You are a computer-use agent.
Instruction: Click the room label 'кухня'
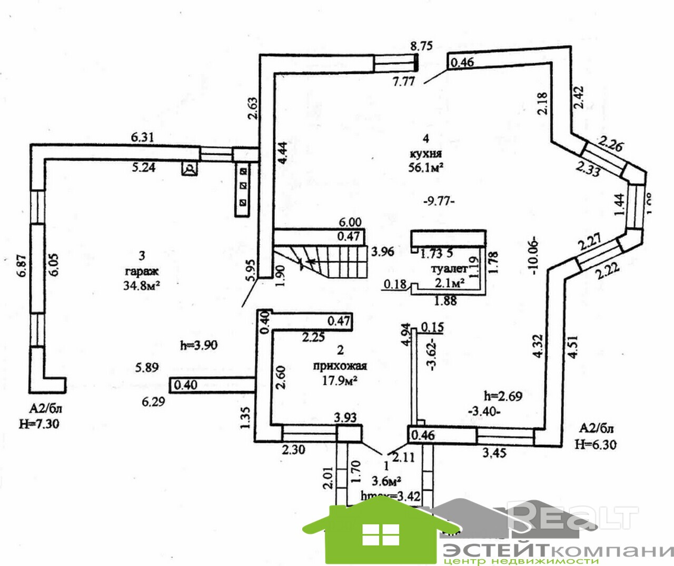[x=425, y=154]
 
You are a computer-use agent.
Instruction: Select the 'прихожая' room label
[x=340, y=366]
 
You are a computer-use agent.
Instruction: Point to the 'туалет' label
[x=450, y=269]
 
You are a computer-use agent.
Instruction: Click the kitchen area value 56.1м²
[x=425, y=167]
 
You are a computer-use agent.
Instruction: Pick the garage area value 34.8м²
[x=142, y=285]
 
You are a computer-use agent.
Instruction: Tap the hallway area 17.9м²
[x=340, y=380]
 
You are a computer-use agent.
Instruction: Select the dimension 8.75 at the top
[x=421, y=46]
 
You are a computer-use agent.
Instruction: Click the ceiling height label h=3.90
[x=198, y=345]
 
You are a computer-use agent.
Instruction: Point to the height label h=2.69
[x=503, y=396]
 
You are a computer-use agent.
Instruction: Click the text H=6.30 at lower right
[x=596, y=444]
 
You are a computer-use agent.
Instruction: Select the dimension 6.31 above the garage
[x=142, y=137]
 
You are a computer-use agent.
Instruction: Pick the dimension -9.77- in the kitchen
[x=439, y=201]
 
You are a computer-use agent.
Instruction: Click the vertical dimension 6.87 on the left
[x=21, y=269]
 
